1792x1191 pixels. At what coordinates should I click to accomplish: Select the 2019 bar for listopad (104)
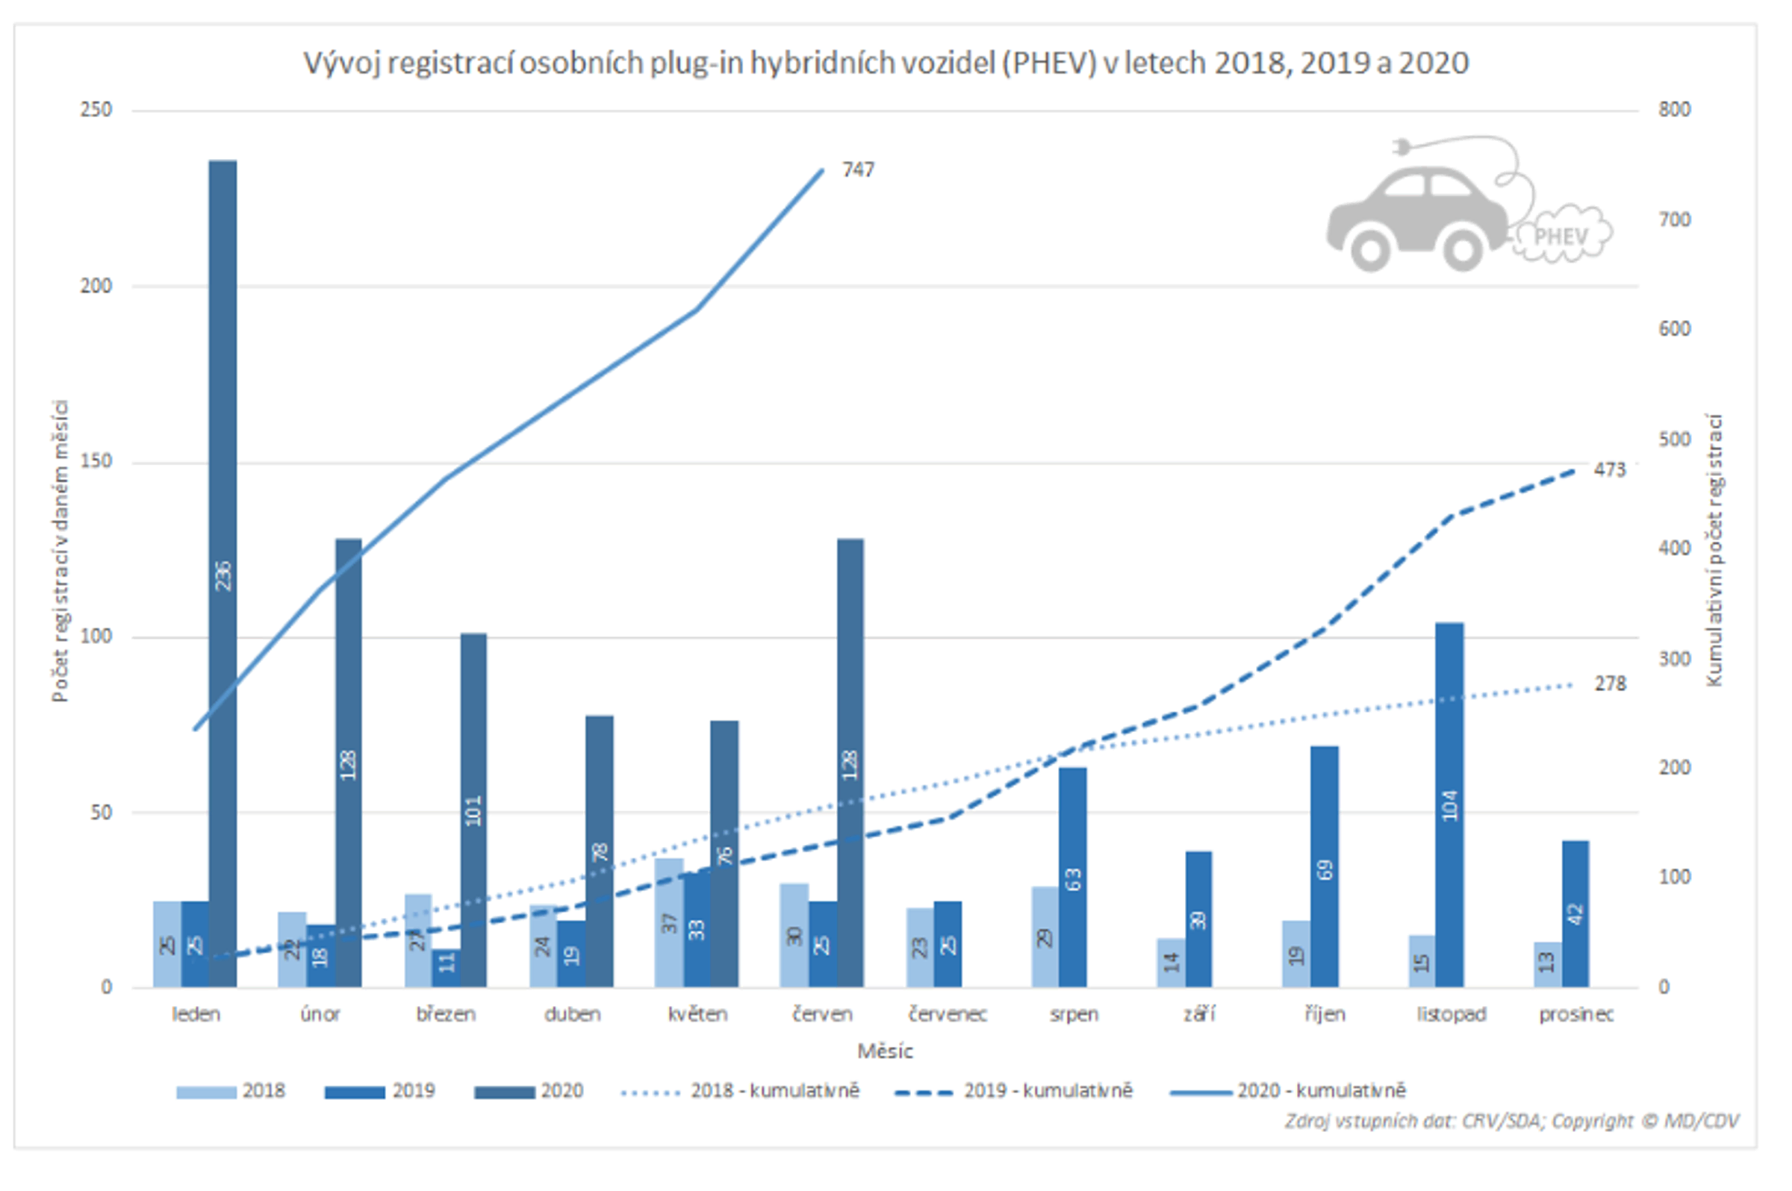(1449, 805)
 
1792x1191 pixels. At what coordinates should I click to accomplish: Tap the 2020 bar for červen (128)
(850, 763)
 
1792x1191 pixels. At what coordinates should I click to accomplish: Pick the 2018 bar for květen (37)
(668, 922)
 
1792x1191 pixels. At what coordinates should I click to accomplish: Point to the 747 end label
(857, 170)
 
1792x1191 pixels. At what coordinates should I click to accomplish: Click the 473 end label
(1609, 470)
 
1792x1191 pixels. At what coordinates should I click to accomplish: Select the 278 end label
(1609, 684)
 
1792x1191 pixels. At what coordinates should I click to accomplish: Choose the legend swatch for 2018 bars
(206, 1092)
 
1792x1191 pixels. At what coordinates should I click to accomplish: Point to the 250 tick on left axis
(96, 110)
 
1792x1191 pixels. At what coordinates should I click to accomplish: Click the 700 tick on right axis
(1674, 220)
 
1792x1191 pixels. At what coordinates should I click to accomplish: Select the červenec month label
(947, 1015)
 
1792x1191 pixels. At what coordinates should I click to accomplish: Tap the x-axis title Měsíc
(885, 1051)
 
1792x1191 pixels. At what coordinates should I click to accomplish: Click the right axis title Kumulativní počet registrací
(1714, 550)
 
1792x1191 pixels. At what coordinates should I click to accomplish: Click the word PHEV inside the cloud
(1561, 237)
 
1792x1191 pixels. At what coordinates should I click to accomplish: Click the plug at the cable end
(1401, 146)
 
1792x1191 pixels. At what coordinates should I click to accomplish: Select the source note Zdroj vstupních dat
(1511, 1121)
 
